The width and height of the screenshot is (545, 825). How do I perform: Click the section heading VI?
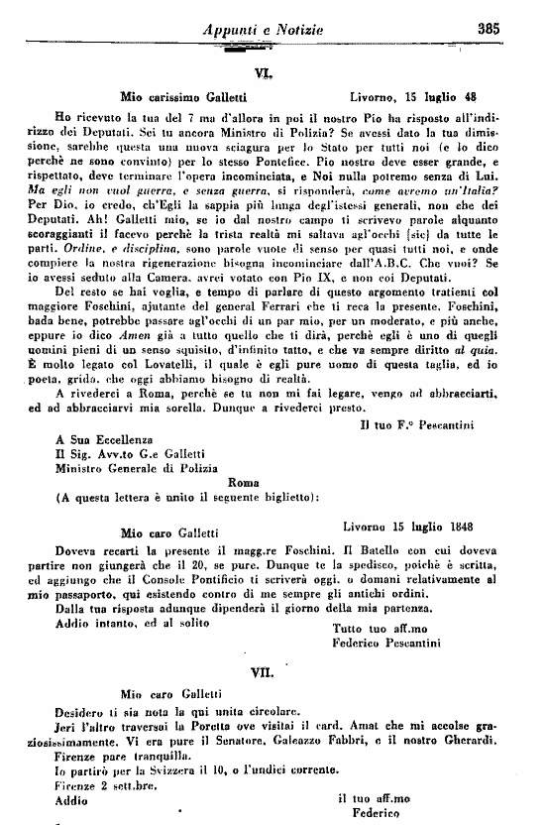pos(264,73)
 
